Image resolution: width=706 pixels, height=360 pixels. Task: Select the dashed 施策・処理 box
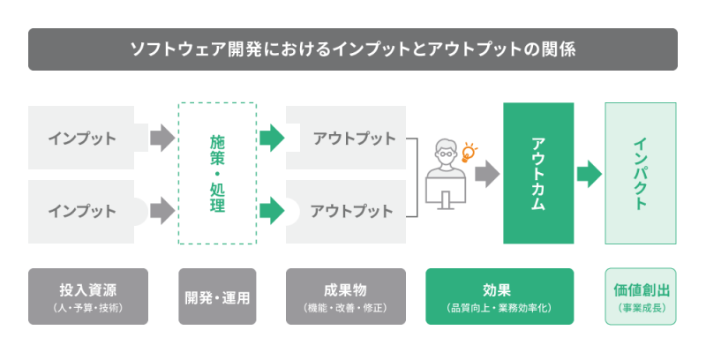(217, 174)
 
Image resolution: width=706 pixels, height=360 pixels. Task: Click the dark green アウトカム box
(538, 173)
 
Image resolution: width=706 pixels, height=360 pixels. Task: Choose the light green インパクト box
(640, 173)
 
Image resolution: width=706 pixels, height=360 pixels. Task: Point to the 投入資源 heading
(88, 289)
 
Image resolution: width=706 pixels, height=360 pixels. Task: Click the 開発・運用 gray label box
(217, 296)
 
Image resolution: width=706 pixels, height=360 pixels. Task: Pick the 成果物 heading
(346, 289)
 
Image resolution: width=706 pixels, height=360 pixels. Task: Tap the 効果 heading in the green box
(499, 289)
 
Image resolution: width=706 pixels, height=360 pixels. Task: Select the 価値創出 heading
(640, 289)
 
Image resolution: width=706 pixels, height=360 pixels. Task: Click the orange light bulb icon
(468, 153)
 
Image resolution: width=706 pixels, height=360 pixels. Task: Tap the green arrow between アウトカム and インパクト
(589, 173)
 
